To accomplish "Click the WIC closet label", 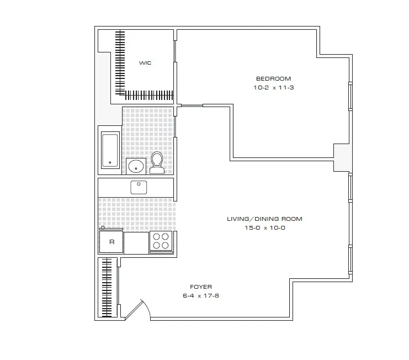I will click(x=145, y=63).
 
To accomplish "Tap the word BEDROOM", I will click(x=270, y=78).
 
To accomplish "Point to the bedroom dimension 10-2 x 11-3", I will click(x=270, y=87).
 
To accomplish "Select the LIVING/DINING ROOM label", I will click(x=264, y=219).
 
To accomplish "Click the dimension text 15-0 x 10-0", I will click(x=264, y=227).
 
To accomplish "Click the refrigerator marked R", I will click(x=111, y=242).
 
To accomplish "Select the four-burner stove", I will click(x=161, y=242).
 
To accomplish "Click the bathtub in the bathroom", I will click(x=111, y=150).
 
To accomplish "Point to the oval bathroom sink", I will click(x=136, y=165).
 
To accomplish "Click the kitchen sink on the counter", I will click(x=139, y=187).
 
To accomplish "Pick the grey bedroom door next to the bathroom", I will click(x=192, y=105).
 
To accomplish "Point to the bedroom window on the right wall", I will click(x=350, y=97).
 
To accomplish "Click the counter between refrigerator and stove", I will click(x=136, y=242).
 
